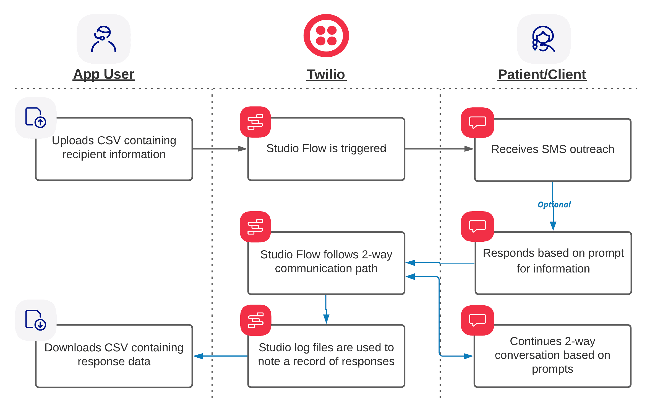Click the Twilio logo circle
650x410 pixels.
tap(326, 36)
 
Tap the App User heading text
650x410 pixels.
tap(104, 74)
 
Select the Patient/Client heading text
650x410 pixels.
tap(542, 74)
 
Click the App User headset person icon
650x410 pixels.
tap(104, 39)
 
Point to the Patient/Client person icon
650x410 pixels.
tap(544, 39)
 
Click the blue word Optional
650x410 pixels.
tap(554, 205)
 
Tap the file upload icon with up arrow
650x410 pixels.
tap(36, 118)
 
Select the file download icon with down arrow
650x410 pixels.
tap(36, 320)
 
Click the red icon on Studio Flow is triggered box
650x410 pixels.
tap(255, 122)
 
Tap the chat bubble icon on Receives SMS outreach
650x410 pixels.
tap(477, 122)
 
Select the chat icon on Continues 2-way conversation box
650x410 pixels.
tap(477, 320)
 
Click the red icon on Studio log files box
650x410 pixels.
tap(256, 320)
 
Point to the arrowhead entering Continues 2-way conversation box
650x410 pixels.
tap(469, 356)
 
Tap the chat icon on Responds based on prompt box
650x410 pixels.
tap(477, 226)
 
